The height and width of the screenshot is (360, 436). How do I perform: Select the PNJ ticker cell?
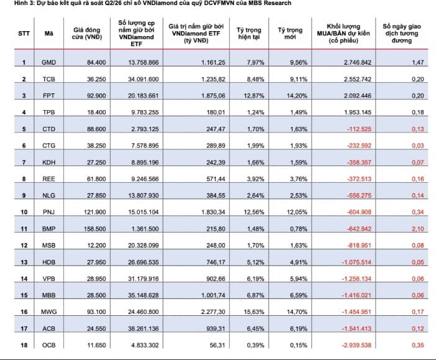point(48,212)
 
